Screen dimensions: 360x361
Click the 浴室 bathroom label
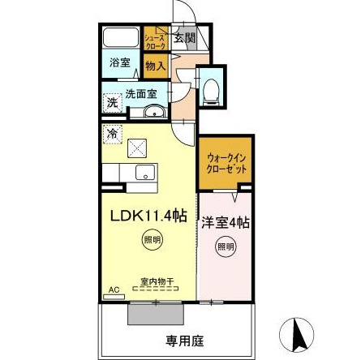(119, 62)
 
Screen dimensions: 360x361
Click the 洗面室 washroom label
(134, 94)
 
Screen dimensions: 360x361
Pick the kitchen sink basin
(145, 172)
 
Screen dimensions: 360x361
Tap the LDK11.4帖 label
(149, 216)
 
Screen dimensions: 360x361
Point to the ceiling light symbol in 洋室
(224, 246)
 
